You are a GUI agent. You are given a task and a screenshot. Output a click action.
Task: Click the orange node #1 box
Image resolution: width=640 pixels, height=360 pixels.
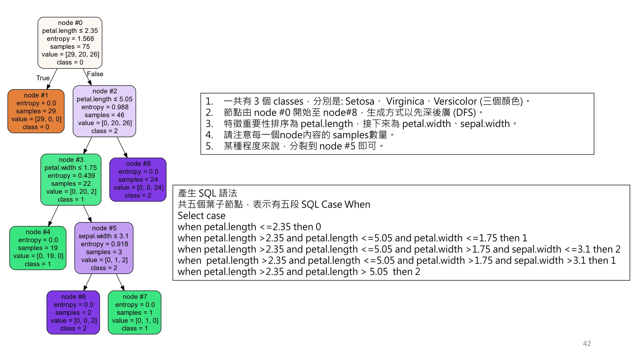click(x=36, y=111)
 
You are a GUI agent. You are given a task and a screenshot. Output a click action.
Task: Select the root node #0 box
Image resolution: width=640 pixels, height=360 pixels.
click(x=70, y=42)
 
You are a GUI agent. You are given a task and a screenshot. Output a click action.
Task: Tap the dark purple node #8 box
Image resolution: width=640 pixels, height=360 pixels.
click(x=138, y=179)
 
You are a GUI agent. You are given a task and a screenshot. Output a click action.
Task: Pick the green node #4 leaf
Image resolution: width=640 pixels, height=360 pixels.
click(x=38, y=248)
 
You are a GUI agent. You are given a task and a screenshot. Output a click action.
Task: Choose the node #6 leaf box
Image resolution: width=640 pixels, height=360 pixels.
click(x=73, y=312)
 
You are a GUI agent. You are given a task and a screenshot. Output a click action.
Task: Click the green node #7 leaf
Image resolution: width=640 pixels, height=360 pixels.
click(x=135, y=312)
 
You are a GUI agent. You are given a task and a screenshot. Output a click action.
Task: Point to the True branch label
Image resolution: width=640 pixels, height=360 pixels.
click(x=43, y=78)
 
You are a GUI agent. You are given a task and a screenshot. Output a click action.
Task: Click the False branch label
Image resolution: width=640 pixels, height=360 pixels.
click(x=95, y=74)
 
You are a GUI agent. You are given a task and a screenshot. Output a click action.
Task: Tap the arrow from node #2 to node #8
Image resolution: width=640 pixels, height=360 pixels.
click(x=122, y=147)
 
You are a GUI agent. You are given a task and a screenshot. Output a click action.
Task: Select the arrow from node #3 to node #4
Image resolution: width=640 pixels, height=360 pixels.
click(x=53, y=216)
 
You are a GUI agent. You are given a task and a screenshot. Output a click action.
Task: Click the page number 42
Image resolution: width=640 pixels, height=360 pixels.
click(x=587, y=344)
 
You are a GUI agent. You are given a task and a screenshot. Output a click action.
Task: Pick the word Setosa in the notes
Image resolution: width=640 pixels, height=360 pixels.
click(x=360, y=101)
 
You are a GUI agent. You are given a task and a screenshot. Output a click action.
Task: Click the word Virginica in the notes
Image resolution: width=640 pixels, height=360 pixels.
click(x=405, y=101)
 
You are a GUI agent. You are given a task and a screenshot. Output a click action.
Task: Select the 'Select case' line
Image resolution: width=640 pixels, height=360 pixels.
click(x=202, y=216)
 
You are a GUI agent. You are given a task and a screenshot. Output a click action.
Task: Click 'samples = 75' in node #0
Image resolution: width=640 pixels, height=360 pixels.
click(x=70, y=47)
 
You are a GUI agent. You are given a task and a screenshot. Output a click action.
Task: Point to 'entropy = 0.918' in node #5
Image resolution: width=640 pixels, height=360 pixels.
click(x=104, y=244)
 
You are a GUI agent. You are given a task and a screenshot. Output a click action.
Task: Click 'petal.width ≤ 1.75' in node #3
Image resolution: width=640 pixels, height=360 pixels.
click(x=71, y=168)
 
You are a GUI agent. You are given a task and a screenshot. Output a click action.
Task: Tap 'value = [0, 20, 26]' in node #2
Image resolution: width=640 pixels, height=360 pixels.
click(x=105, y=123)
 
